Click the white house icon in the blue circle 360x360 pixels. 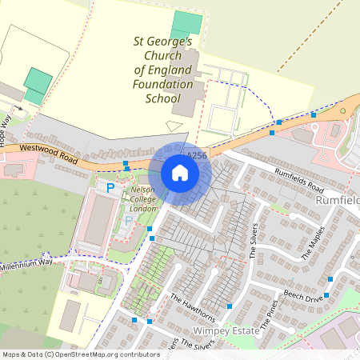[180, 173]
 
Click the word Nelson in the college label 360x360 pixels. [142, 190]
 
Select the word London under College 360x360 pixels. [143, 208]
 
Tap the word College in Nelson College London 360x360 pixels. [143, 199]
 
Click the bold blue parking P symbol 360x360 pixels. [110, 188]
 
